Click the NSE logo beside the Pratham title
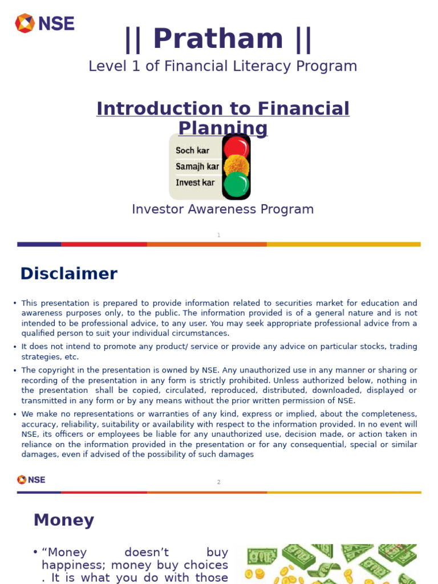44,23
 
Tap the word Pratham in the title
218,39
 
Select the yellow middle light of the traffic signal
236,167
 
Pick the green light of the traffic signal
236,185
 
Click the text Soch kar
193,151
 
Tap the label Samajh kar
197,167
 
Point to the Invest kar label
195,182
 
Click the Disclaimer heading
68,274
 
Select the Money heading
63,520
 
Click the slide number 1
218,235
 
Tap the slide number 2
218,482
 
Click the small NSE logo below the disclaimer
31,480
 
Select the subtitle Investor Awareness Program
222,209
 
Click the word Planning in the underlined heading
222,128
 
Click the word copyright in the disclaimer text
57,370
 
